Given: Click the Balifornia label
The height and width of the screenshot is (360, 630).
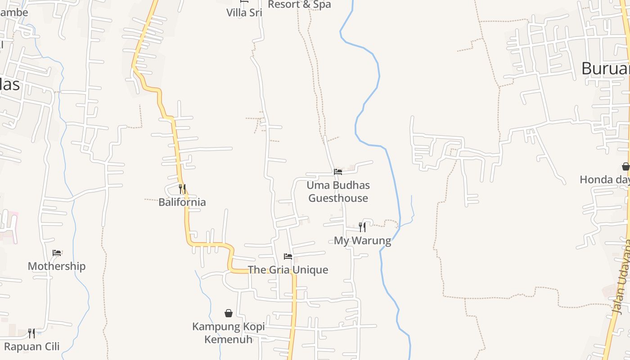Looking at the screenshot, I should click(x=182, y=202).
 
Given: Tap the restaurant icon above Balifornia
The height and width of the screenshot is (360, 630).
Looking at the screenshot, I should click(x=182, y=189).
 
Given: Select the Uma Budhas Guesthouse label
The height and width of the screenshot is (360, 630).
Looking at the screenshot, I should click(x=338, y=192).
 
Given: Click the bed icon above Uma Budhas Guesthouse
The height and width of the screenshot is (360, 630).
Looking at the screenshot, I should click(x=338, y=172).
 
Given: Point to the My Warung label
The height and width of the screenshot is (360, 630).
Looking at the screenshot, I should click(x=362, y=241).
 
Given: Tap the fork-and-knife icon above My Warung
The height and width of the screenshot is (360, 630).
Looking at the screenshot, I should click(x=362, y=227).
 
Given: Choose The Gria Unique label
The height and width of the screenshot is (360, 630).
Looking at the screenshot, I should click(x=288, y=270).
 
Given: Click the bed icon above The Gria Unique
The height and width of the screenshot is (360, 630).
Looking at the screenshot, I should click(x=288, y=256).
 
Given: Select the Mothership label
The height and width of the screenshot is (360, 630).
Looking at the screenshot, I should click(x=57, y=266).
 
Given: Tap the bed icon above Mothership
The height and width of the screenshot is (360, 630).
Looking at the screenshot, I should click(x=57, y=253).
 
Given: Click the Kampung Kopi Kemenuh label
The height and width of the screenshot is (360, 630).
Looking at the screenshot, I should click(x=229, y=333).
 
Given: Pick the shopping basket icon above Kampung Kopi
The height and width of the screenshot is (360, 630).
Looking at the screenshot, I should click(x=229, y=313).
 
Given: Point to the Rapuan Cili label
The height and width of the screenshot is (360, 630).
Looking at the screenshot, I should click(x=31, y=346).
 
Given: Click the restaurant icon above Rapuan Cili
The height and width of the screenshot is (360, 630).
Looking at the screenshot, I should click(x=31, y=333).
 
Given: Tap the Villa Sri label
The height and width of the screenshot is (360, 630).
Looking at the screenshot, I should click(x=244, y=13).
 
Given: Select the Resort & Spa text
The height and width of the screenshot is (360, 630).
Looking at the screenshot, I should click(x=299, y=4).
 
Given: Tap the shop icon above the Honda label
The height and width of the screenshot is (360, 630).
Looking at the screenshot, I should click(x=625, y=166).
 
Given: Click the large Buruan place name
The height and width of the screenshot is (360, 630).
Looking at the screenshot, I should click(x=605, y=68).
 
